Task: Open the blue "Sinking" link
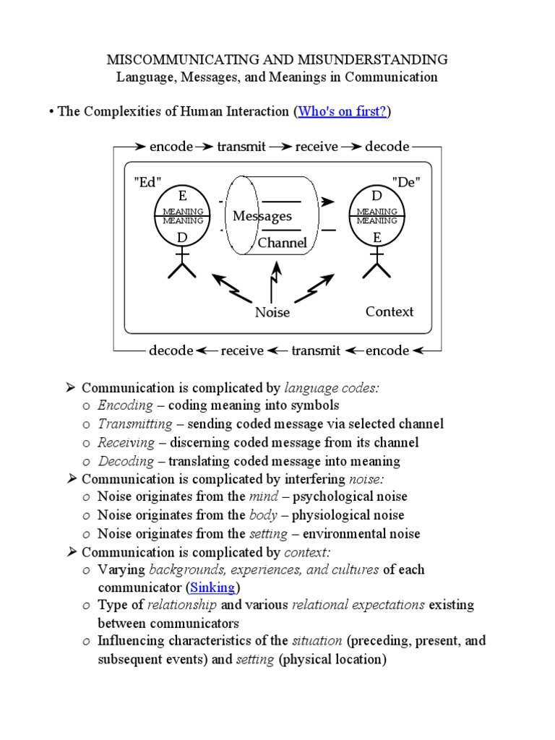tap(212, 588)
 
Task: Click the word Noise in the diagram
tap(272, 312)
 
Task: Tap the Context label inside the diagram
tap(390, 311)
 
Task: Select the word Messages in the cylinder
tap(262, 216)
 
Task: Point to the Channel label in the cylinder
tap(283, 243)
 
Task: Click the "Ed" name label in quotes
tap(147, 182)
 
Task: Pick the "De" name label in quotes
tap(405, 182)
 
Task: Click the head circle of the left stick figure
tap(183, 215)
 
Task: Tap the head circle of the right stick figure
tap(377, 215)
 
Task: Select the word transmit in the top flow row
tap(241, 147)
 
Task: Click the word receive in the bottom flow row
tap(242, 350)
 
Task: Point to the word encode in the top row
tap(171, 147)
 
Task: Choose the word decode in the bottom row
tap(171, 350)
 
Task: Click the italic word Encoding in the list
tap(125, 405)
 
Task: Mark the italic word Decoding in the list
tap(126, 461)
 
